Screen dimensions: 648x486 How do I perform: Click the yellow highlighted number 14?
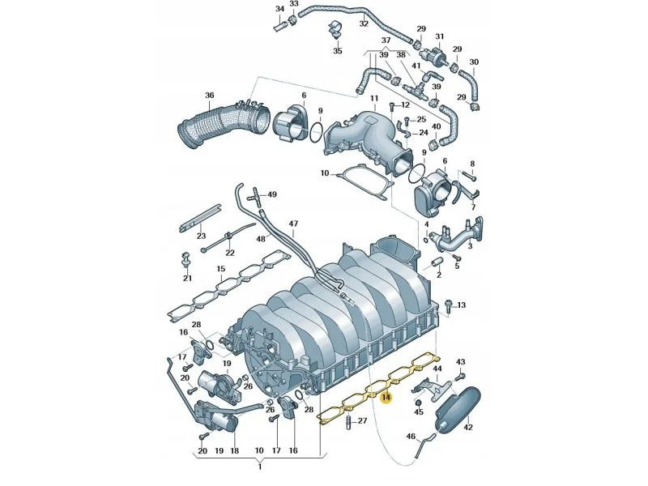tap(386, 398)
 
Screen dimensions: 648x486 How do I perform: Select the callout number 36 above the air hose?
tap(210, 96)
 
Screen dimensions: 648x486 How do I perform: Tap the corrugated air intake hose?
tap(224, 123)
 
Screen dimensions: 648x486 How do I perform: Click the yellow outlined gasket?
tap(378, 388)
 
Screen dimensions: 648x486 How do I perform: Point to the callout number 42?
tap(468, 428)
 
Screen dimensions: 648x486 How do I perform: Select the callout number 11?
tap(373, 98)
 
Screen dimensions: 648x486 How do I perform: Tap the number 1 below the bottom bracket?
tap(260, 467)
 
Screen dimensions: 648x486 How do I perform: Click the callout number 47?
tap(293, 224)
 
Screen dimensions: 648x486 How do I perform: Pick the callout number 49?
tap(272, 194)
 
